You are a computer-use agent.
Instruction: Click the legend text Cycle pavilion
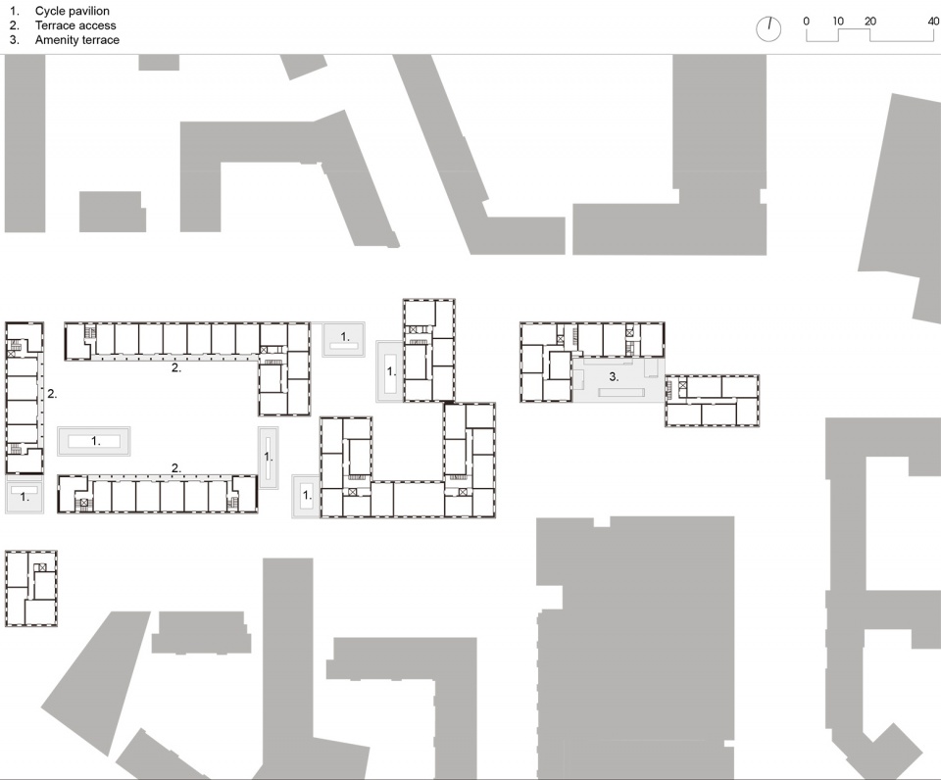coord(72,11)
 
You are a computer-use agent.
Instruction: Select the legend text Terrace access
coord(75,25)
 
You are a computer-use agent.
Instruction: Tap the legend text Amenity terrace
coord(76,39)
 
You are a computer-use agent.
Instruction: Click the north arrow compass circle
coord(768,28)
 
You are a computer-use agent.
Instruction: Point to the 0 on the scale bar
coord(806,21)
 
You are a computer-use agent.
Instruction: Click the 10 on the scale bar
coord(838,21)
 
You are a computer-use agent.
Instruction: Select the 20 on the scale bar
coord(870,21)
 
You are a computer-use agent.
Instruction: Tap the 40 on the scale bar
coord(933,21)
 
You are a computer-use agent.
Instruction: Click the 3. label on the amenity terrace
coord(614,377)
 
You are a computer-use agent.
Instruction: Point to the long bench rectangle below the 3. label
coord(621,392)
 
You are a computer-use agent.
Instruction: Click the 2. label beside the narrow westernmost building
coord(52,394)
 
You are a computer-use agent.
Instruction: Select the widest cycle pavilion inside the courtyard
coord(94,441)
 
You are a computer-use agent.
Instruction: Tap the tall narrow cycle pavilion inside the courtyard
coord(269,458)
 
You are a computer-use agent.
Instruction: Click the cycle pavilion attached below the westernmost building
coord(25,495)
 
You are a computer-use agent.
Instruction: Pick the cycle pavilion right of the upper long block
coord(344,340)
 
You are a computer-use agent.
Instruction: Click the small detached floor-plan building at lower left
coord(31,589)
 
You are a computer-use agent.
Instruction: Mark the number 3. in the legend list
coord(15,39)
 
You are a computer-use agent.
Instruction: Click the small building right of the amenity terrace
coord(712,401)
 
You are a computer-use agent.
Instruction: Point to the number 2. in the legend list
coord(15,25)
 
